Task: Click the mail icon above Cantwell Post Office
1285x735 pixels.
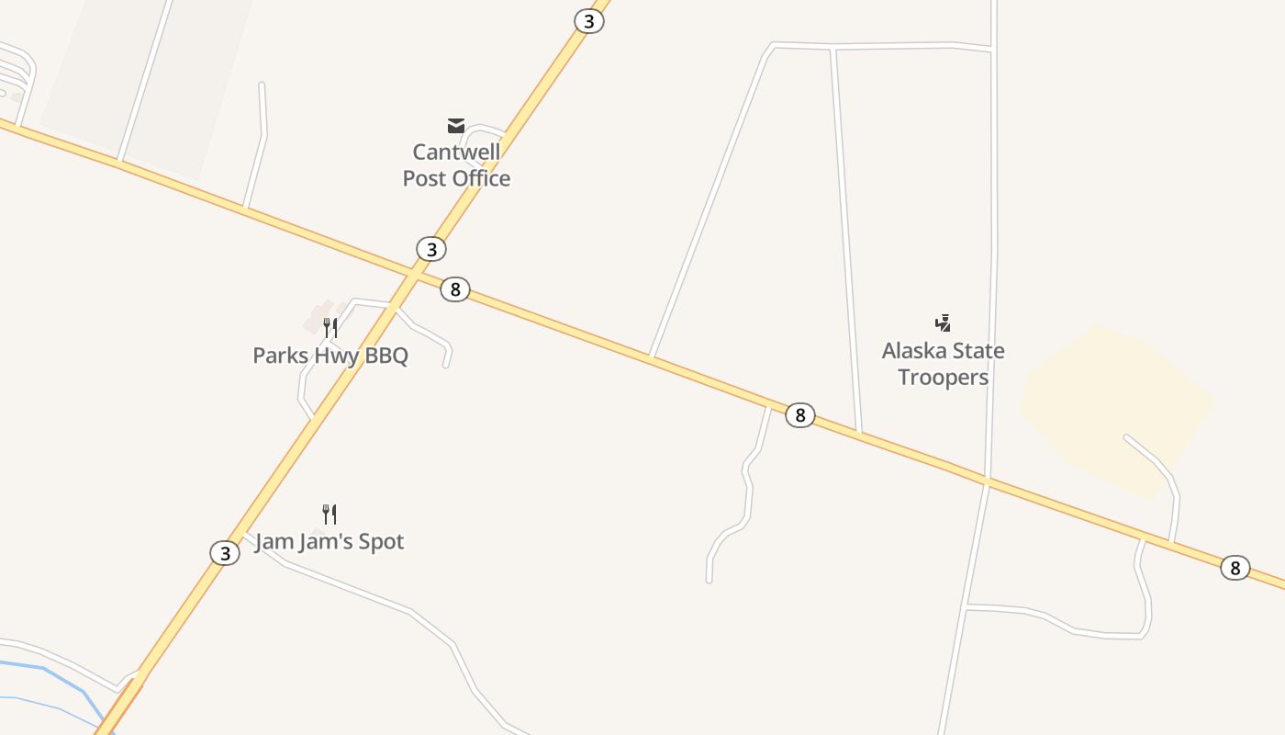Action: (x=456, y=126)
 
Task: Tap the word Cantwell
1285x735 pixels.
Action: (x=456, y=152)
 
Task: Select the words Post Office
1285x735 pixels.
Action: (x=456, y=178)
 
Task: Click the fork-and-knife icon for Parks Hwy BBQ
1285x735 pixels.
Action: (x=330, y=328)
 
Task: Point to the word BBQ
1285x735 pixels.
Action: (x=386, y=356)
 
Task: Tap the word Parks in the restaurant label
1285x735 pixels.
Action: (x=280, y=356)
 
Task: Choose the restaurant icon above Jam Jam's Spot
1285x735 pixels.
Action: (x=330, y=514)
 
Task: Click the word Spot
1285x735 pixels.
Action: (x=381, y=542)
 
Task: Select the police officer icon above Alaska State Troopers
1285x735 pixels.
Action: (x=943, y=322)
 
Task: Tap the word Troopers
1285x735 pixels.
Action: (x=943, y=378)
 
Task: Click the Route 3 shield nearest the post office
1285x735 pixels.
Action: (x=430, y=249)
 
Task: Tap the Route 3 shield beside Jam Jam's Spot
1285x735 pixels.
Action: (x=225, y=553)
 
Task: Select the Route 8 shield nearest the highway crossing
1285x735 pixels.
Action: (x=454, y=289)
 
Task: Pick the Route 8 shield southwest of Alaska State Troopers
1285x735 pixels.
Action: (x=799, y=415)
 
